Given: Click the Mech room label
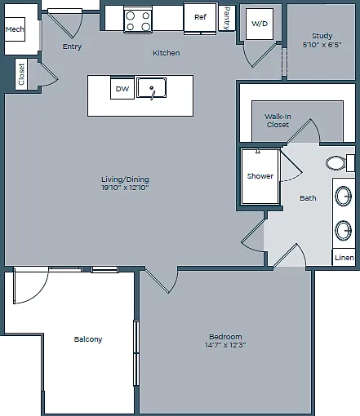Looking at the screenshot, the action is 15,29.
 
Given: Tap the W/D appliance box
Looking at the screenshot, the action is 260,24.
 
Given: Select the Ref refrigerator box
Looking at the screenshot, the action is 201,18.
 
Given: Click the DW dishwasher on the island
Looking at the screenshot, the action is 122,88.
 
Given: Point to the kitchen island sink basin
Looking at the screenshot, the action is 151,87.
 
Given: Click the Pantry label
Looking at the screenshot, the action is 227,18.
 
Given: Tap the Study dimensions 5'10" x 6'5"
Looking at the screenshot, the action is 322,45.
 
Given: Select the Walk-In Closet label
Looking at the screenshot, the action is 278,121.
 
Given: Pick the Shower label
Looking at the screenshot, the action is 260,176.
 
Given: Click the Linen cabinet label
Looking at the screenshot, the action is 344,258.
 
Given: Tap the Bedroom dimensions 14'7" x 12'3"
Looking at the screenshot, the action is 225,345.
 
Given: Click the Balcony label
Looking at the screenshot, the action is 88,339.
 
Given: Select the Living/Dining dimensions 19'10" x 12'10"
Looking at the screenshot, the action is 125,188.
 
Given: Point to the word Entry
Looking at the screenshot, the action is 72,46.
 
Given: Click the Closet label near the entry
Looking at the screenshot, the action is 21,74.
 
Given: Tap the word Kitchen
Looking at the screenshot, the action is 166,53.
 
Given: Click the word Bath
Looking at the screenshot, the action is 308,198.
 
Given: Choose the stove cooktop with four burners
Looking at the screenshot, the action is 138,20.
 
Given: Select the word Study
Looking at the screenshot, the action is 322,36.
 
